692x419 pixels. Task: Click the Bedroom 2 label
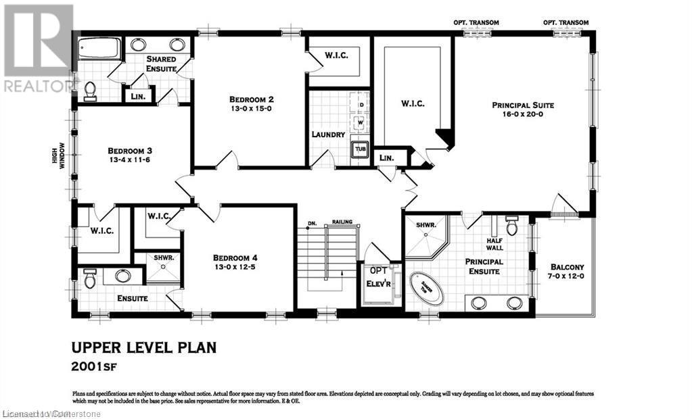point(251,99)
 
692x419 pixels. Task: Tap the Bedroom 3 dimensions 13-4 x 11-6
point(133,162)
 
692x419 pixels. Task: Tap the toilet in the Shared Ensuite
point(89,91)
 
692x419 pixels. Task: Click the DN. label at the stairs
point(313,222)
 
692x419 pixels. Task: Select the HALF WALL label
point(497,244)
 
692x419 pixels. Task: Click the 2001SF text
point(101,368)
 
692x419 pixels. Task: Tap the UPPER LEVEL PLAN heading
point(144,348)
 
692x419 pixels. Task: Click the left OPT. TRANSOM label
point(476,22)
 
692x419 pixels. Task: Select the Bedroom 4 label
point(235,257)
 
